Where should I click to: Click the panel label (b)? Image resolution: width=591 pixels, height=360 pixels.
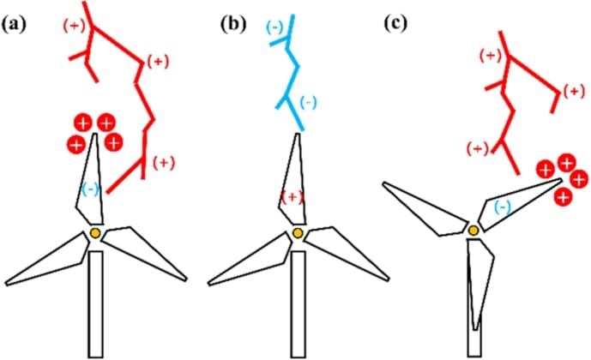233,23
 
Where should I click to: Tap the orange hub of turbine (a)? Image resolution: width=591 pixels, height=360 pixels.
94,233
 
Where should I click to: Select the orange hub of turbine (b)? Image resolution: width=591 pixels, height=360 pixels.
298,233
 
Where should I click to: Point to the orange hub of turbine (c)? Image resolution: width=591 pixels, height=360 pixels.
473,229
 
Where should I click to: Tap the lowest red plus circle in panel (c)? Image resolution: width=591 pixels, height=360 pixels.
563,198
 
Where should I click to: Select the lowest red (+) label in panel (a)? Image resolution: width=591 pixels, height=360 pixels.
164,161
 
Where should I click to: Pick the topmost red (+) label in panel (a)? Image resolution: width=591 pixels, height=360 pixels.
75,26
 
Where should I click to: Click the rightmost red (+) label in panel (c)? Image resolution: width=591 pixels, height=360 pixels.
573,91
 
